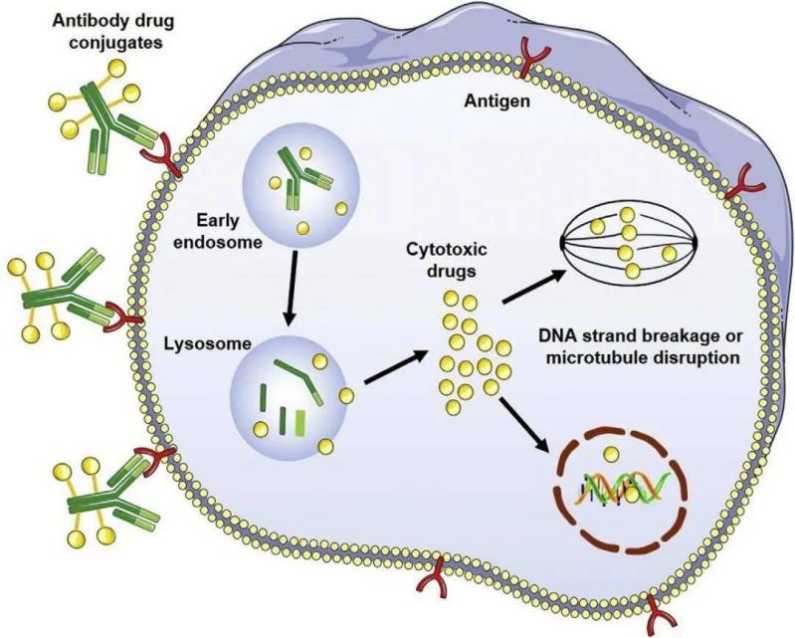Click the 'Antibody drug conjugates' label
pyautogui.click(x=113, y=31)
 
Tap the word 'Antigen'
pyautogui.click(x=497, y=102)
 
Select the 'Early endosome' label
pyautogui.click(x=218, y=232)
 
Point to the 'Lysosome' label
pyautogui.click(x=207, y=343)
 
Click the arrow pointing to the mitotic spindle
pyautogui.click(x=533, y=287)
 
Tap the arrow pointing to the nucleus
pyautogui.click(x=525, y=425)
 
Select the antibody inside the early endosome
pyautogui.click(x=300, y=178)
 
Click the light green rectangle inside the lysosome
pyautogui.click(x=300, y=423)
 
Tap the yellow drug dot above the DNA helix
pyautogui.click(x=612, y=453)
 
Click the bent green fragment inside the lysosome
pyautogui.click(x=300, y=381)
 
